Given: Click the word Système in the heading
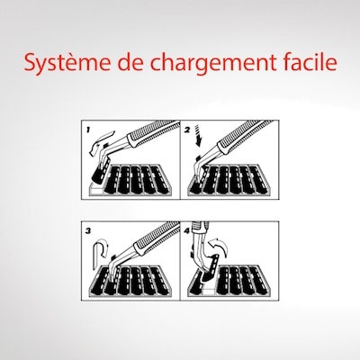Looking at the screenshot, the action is pos(67,63).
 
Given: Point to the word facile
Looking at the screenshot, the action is pos(310,62).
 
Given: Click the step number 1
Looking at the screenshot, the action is pos(88,130).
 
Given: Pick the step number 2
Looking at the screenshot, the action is pos(187,130).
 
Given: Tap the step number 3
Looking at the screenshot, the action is pos(88,231).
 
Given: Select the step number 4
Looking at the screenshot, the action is pos(187,231).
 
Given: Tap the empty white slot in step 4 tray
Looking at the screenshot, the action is pos(209,291).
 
